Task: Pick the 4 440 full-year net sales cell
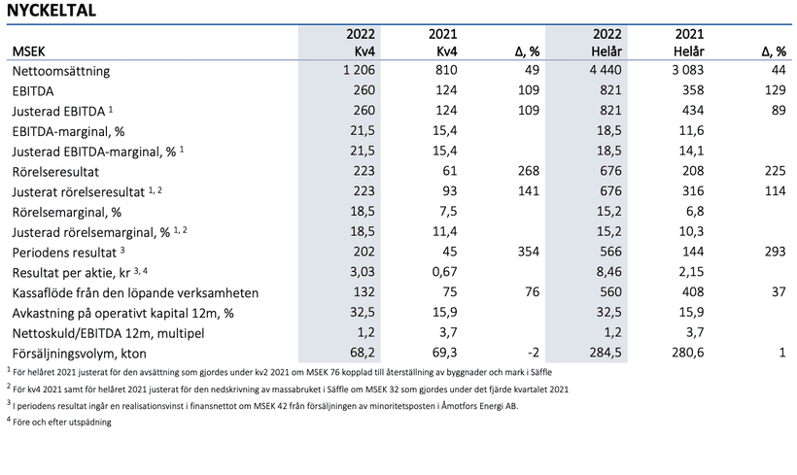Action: click(x=605, y=71)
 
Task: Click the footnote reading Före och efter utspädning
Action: click(x=60, y=422)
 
